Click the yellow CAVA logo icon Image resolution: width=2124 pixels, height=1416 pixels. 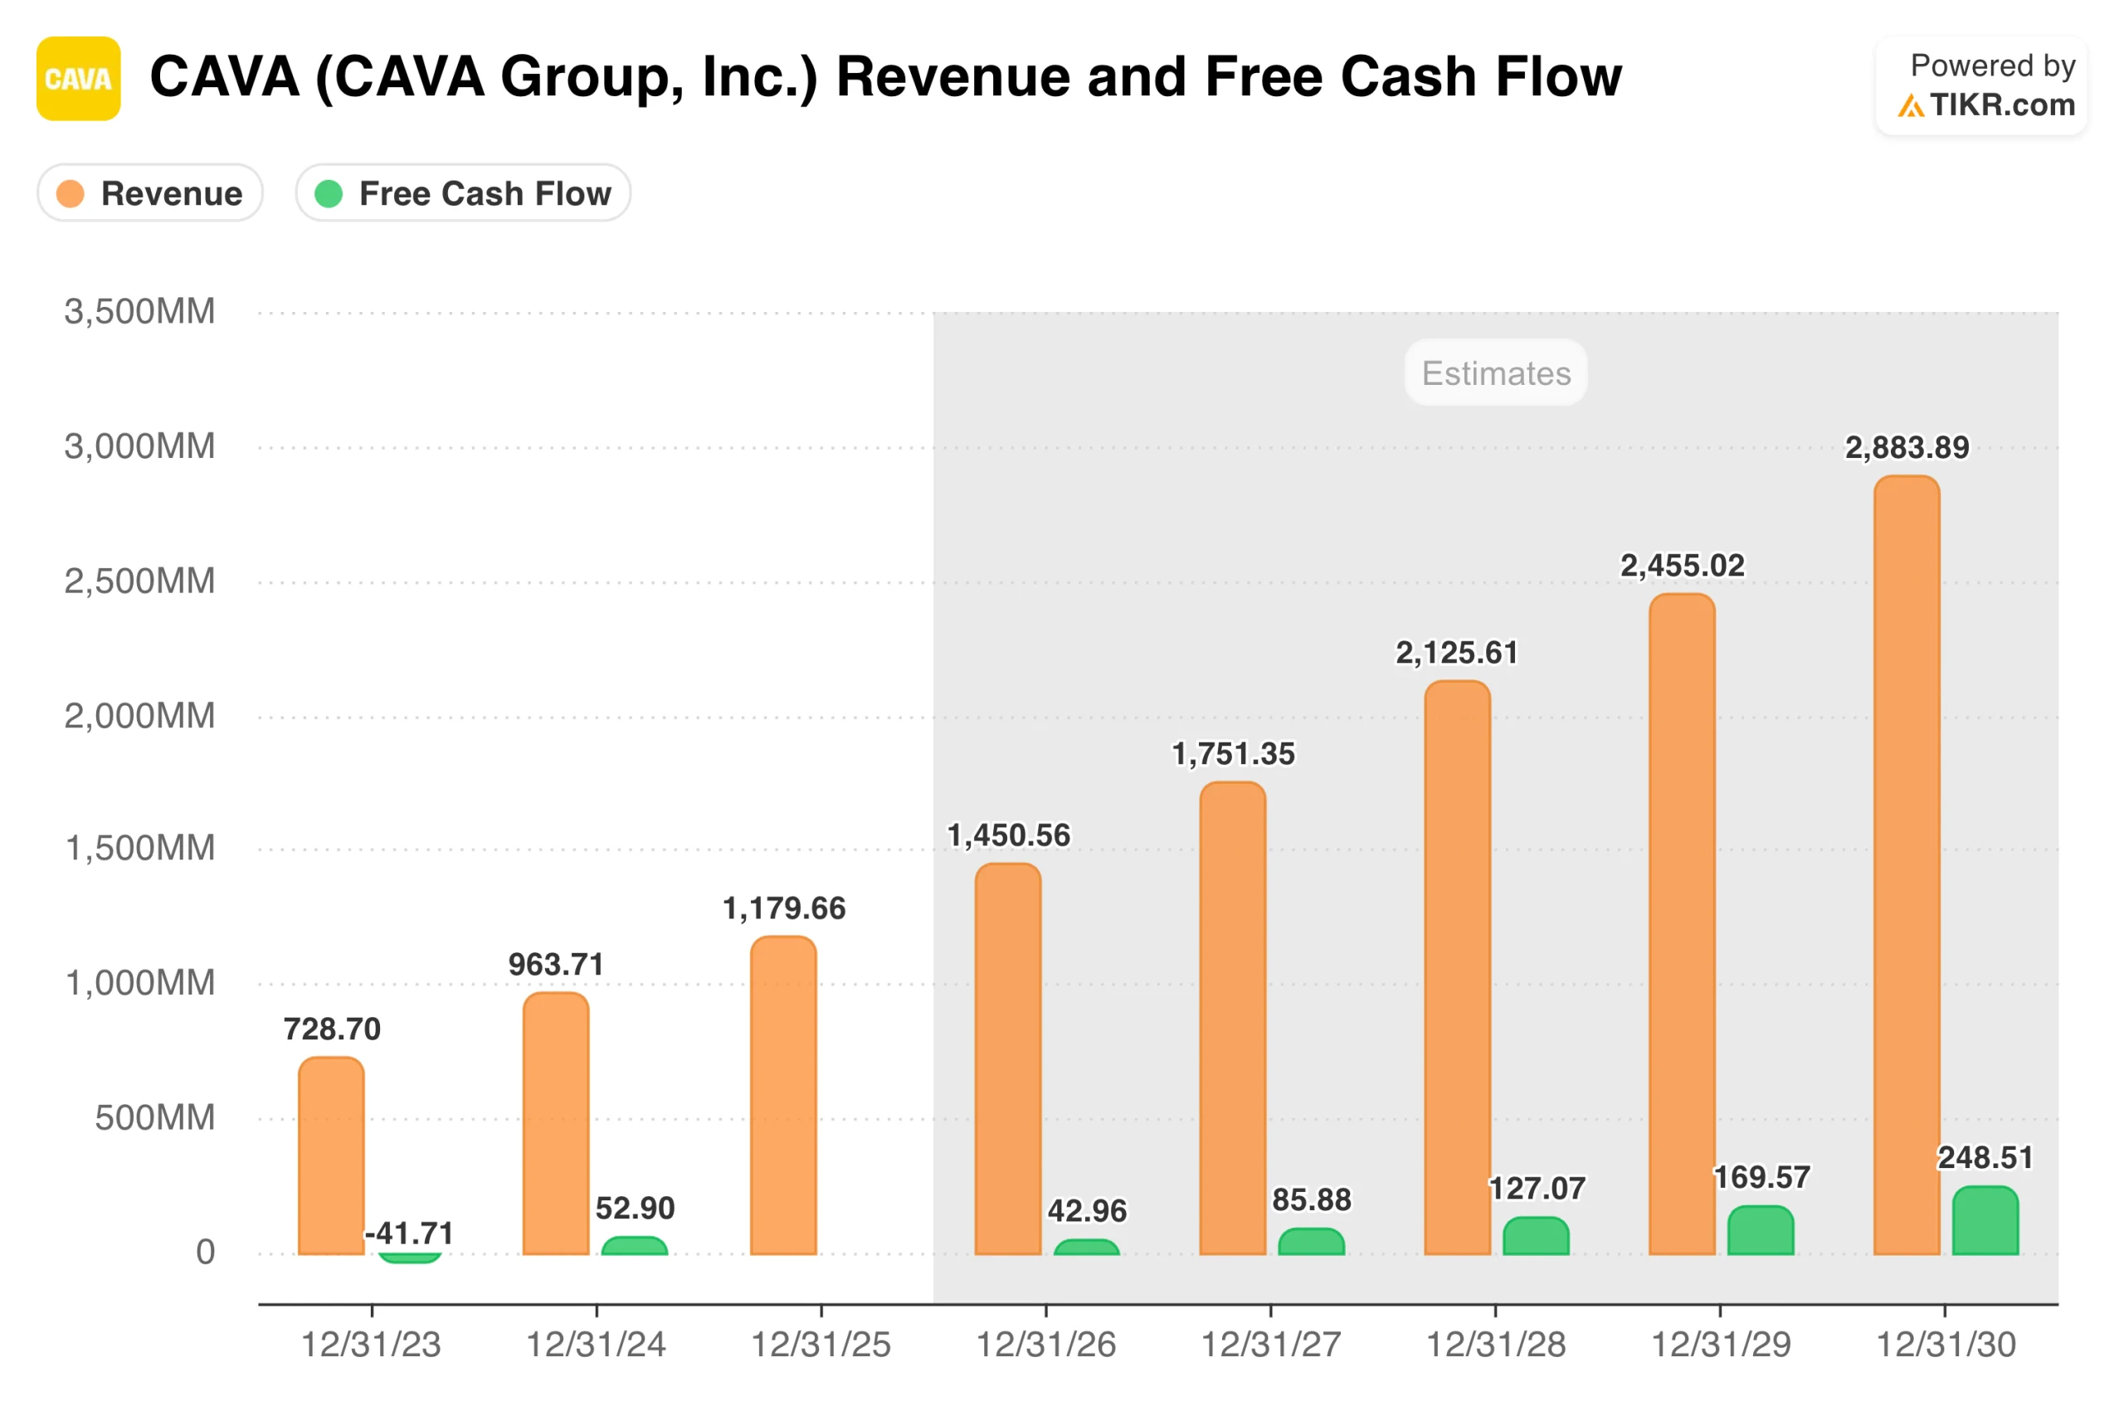pos(79,79)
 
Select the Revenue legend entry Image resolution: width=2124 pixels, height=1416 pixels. pos(150,193)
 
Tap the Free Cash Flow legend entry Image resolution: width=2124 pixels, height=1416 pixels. pos(463,193)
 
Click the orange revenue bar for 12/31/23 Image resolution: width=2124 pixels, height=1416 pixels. pos(331,1156)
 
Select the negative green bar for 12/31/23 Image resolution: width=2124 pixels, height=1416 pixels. pos(409,1257)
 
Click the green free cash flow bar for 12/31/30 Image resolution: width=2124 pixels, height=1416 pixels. pos(1985,1221)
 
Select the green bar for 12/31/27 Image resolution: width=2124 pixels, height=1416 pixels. pos(1311,1242)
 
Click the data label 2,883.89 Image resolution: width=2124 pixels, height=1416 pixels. pos(1907,448)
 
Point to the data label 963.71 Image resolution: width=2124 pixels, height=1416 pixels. pos(555,965)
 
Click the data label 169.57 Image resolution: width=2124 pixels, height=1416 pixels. pos(1761,1178)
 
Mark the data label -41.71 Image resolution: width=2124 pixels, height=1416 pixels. pos(409,1234)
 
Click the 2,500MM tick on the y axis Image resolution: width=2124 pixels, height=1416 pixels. pos(140,581)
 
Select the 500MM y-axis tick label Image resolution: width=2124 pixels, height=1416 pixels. pos(154,1118)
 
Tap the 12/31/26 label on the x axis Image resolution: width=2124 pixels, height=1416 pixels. pos(1045,1345)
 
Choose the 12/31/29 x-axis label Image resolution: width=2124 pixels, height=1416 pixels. pos(1720,1345)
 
